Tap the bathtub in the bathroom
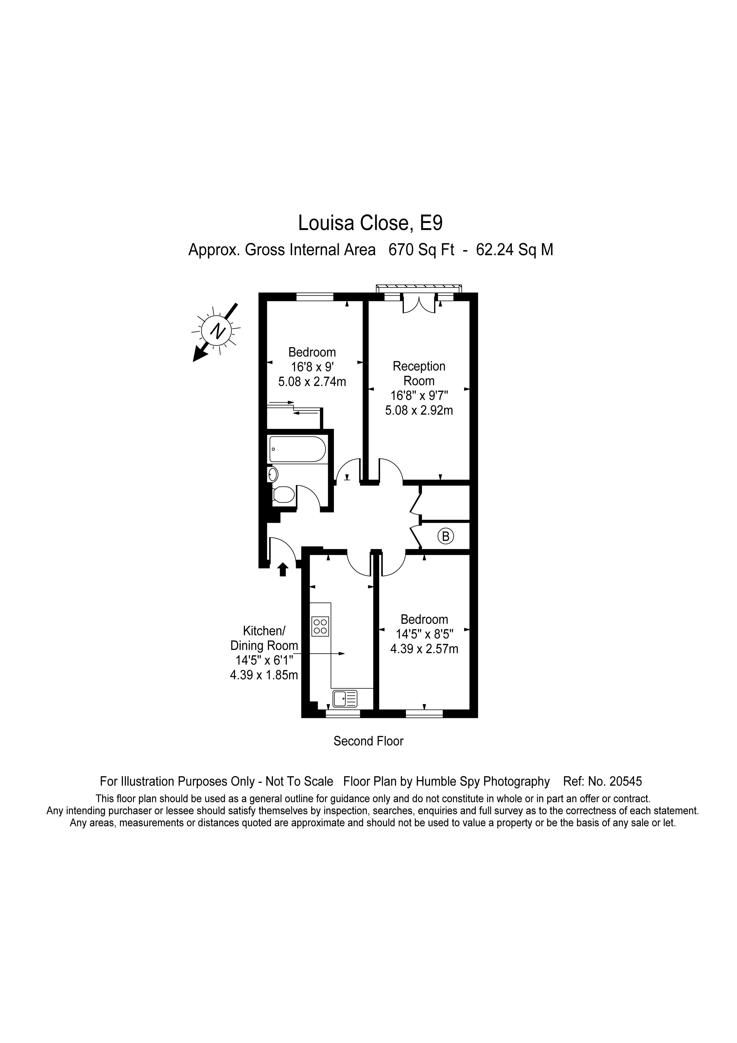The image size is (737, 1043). [298, 449]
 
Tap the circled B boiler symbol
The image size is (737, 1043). [445, 537]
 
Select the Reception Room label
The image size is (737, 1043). [419, 373]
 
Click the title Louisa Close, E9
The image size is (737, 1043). [370, 223]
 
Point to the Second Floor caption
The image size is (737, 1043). [368, 741]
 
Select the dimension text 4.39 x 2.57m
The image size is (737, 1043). [424, 649]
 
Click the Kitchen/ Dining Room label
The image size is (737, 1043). [264, 638]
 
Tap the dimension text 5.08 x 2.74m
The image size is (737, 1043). [312, 382]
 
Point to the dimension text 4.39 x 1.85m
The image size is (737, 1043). [264, 675]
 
